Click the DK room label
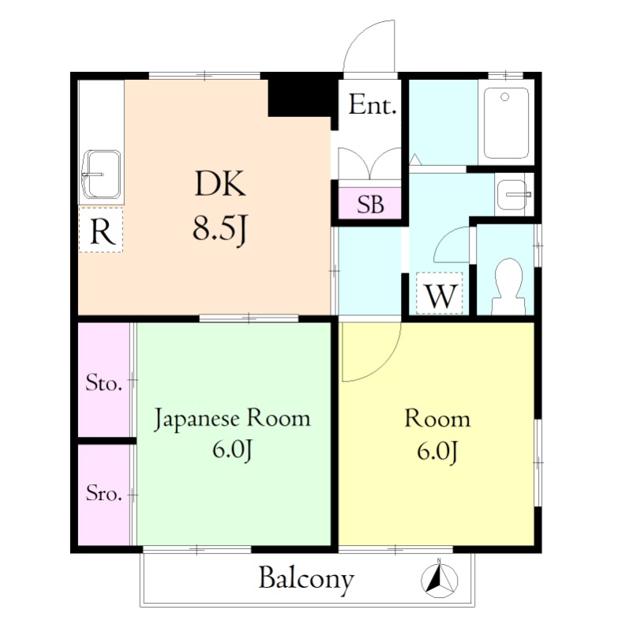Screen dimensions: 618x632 click(220, 184)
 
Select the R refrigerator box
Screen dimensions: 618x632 click(101, 230)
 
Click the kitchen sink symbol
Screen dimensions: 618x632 click(101, 175)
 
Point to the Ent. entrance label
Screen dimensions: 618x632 click(373, 105)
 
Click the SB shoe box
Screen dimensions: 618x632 click(370, 204)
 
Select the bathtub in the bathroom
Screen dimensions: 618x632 click(506, 123)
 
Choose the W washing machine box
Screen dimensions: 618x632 click(440, 293)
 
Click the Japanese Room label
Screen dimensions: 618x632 click(232, 419)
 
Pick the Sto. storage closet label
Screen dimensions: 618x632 click(103, 383)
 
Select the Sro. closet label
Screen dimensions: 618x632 click(103, 492)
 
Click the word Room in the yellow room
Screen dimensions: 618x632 click(437, 419)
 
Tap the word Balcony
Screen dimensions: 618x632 click(306, 580)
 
